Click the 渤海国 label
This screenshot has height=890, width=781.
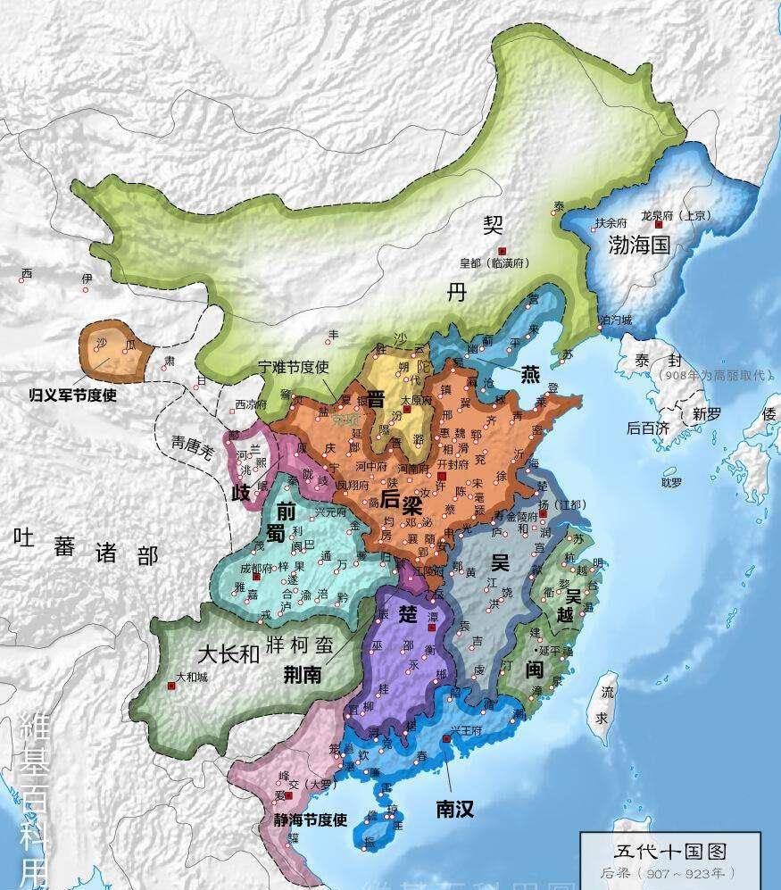[x=639, y=246]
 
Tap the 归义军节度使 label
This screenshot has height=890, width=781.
[x=73, y=393]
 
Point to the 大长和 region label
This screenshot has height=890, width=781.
[x=228, y=653]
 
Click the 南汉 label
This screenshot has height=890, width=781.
[x=454, y=809]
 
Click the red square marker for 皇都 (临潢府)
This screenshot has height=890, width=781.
[x=503, y=251]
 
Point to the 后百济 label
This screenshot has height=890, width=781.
[x=647, y=428]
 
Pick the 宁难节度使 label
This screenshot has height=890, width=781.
[x=294, y=367]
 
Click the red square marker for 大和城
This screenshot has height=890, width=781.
[x=170, y=686]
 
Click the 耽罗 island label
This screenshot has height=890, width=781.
[x=671, y=482]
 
